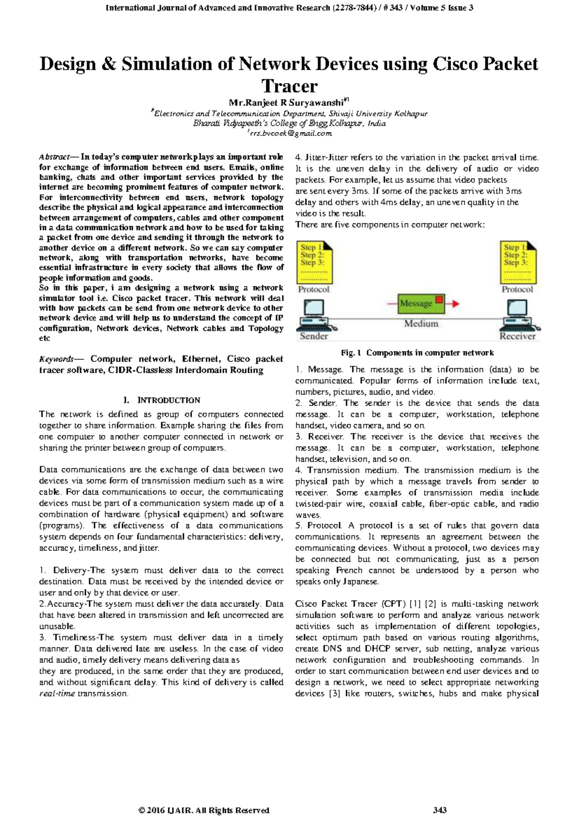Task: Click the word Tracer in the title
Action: (289, 86)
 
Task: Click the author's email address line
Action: (289, 133)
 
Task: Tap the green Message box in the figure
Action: (415, 303)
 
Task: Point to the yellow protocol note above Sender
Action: (314, 262)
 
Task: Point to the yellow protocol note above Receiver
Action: (517, 262)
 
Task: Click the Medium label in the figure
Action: (421, 324)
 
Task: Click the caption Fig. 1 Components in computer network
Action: (417, 353)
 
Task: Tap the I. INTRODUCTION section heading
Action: (161, 400)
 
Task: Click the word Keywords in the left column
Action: (56, 359)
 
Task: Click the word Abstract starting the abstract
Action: (54, 157)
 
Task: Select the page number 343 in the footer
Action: (440, 810)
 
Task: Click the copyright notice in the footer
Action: (203, 810)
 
